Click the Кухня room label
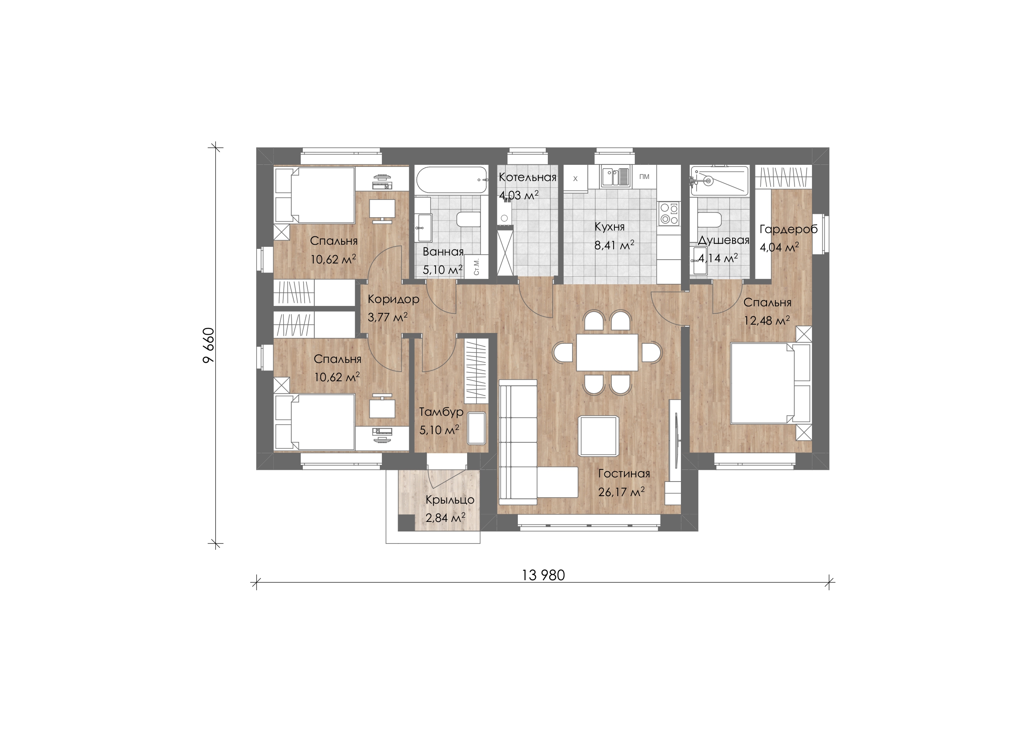pos(609,227)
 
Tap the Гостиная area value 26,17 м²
pos(621,492)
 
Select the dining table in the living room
pos(607,352)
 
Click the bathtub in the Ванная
pos(451,181)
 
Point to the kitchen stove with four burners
pos(669,214)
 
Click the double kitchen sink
pos(616,177)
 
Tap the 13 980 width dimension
pos(543,575)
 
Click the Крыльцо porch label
pos(450,499)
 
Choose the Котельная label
pos(528,177)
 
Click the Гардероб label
pos(788,229)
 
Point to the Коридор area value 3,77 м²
pos(387,317)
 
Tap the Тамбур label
pos(441,412)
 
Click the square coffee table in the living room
pos(598,436)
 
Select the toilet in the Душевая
pos(710,220)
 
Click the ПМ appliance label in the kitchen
pos(644,177)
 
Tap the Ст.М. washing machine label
pos(476,267)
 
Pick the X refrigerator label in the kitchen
pos(575,179)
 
